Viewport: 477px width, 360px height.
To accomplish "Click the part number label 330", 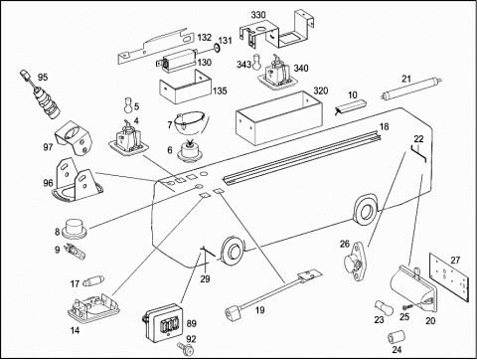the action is [258, 15].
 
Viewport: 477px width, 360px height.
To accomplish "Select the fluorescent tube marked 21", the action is [411, 90].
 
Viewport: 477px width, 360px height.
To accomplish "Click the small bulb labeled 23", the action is [384, 307].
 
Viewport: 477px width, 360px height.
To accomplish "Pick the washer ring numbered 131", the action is [216, 48].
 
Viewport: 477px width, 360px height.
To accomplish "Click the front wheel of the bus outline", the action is [232, 250].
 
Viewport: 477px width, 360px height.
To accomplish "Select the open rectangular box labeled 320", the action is [279, 118].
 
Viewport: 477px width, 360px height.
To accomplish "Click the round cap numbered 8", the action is [75, 229].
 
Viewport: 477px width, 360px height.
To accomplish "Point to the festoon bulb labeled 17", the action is [93, 281].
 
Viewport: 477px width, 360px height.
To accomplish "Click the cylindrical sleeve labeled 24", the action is [397, 337].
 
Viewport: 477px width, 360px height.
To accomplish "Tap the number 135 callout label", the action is [220, 90].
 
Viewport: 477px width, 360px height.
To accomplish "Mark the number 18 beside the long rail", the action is [385, 126].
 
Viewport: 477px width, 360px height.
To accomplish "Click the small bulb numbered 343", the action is [256, 62].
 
